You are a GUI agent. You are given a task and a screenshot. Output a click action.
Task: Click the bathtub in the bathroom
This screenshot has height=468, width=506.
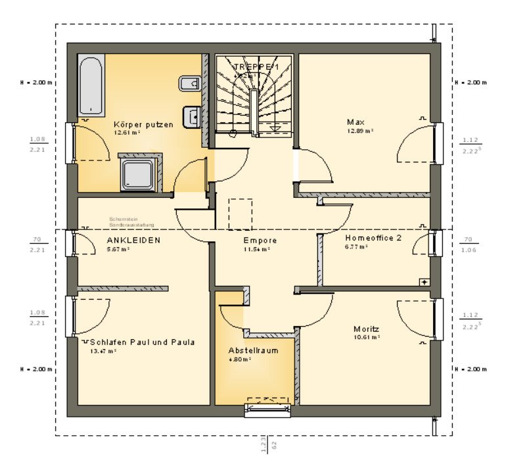point(90,85)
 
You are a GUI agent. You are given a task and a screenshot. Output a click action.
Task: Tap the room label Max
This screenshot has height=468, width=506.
point(356,122)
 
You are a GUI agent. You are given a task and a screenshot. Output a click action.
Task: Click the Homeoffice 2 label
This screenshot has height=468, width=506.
point(373,238)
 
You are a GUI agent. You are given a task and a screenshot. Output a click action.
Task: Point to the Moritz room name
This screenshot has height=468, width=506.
point(366,329)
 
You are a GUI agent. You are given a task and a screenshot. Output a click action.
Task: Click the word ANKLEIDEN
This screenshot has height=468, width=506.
point(133,241)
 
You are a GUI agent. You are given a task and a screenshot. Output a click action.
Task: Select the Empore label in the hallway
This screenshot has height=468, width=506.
point(260,241)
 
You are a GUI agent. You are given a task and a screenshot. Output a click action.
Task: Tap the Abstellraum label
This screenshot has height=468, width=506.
point(253,350)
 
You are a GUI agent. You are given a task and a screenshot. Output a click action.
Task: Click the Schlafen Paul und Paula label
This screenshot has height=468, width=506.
point(143,342)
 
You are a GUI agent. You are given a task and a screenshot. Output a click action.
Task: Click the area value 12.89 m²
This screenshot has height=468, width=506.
point(360,131)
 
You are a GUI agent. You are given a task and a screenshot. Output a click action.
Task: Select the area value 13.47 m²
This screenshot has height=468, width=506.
point(103,351)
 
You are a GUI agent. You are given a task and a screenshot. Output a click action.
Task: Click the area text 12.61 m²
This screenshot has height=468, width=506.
point(127,132)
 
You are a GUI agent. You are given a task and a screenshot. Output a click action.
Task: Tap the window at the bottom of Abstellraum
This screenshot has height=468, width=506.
point(267,410)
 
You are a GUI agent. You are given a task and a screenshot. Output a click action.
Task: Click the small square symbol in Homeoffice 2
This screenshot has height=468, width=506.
point(424,281)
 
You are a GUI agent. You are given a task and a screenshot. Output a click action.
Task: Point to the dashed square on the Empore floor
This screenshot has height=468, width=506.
point(241,213)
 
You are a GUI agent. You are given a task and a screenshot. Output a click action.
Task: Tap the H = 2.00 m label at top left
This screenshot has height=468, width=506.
point(37,83)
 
